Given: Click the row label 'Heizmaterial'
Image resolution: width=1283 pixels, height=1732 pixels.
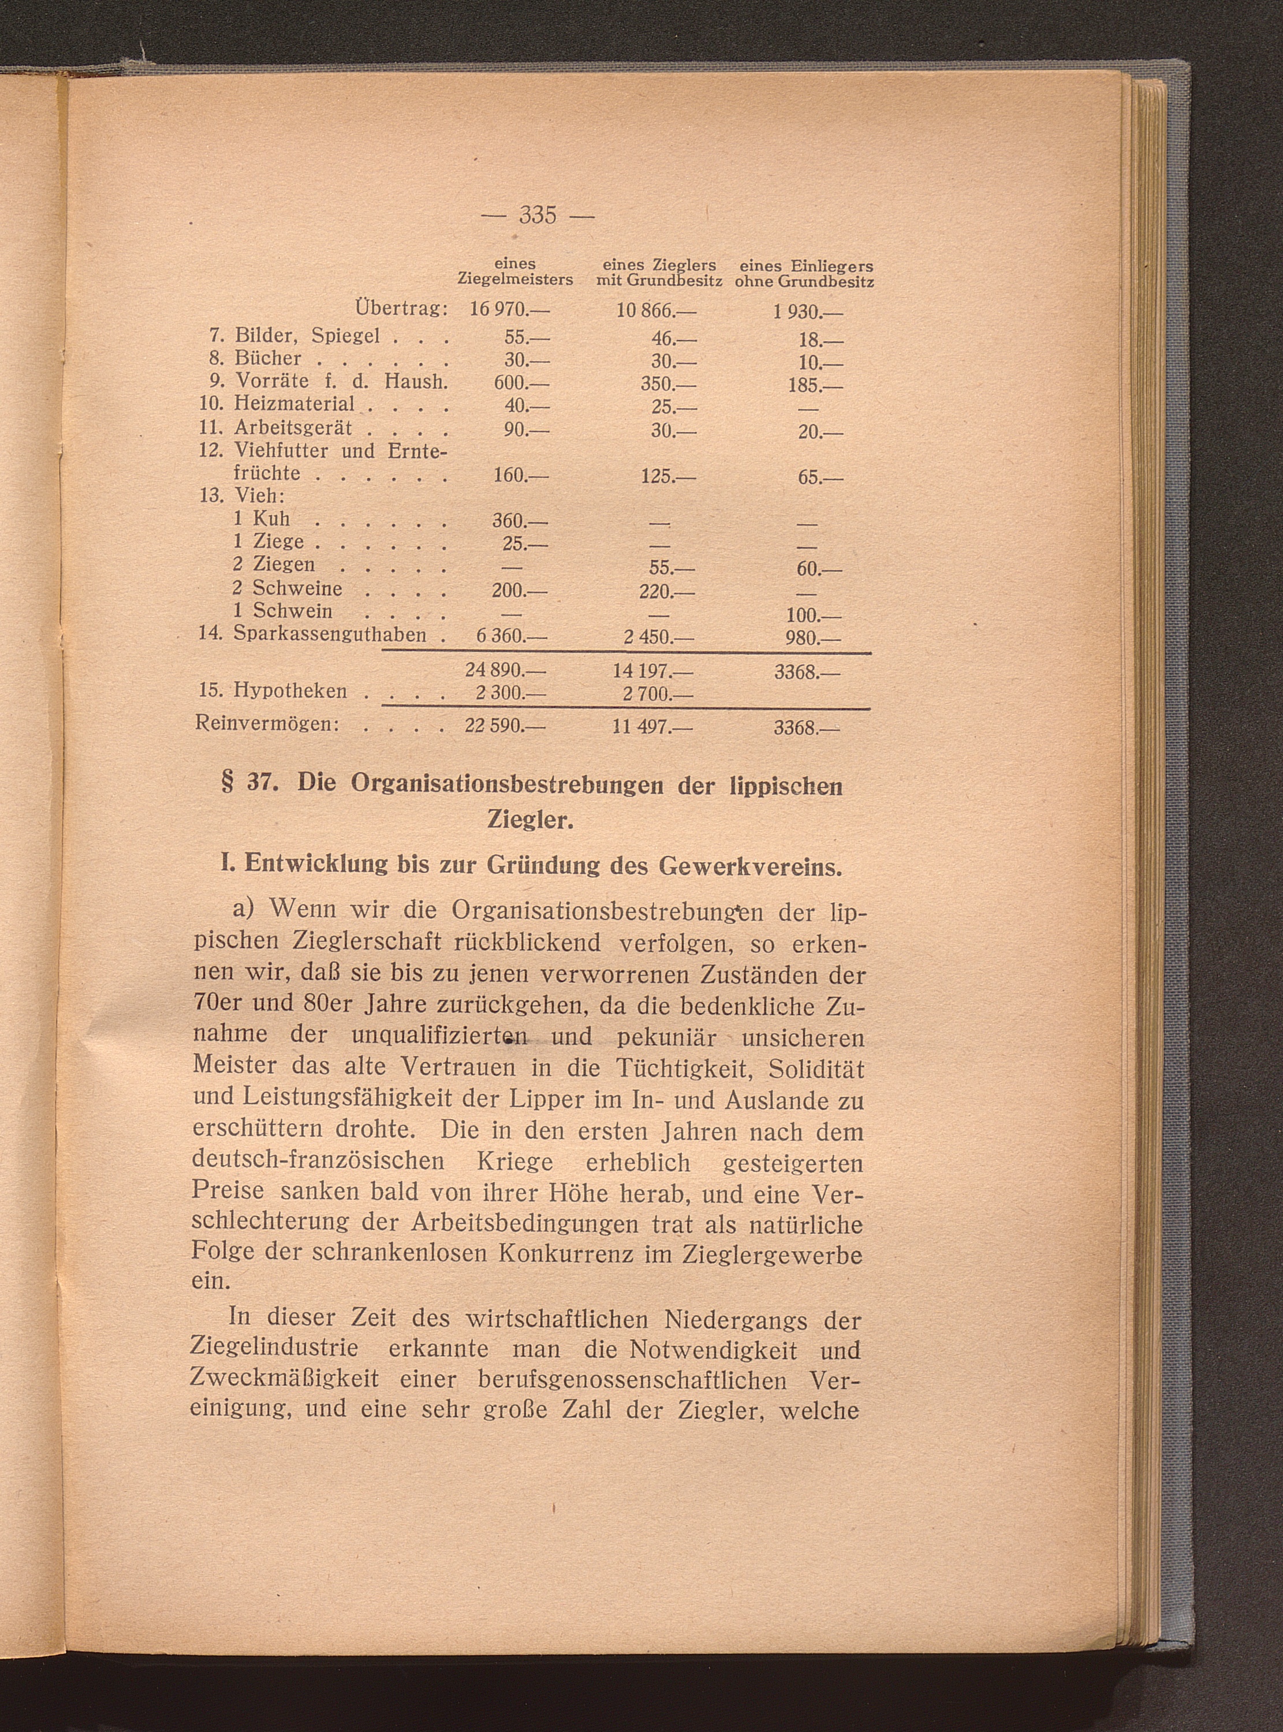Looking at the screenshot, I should tap(294, 403).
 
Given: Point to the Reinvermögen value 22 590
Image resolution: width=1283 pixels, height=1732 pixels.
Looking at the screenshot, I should tap(506, 727).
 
